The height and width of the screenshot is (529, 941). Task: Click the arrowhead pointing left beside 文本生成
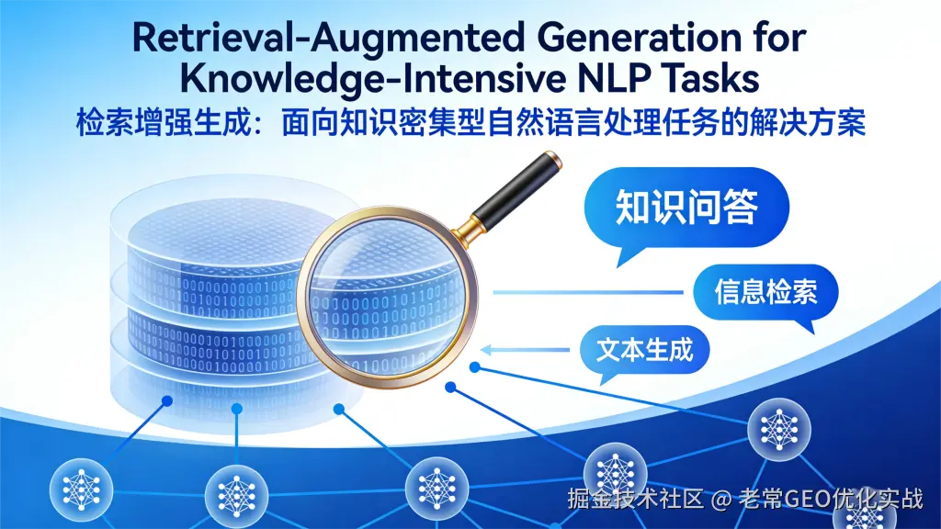tap(486, 350)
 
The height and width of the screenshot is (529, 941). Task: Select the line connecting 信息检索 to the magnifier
tap(588, 293)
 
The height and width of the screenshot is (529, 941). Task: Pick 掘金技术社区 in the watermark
tap(636, 499)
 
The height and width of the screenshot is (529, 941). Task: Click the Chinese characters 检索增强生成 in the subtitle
tap(163, 124)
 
